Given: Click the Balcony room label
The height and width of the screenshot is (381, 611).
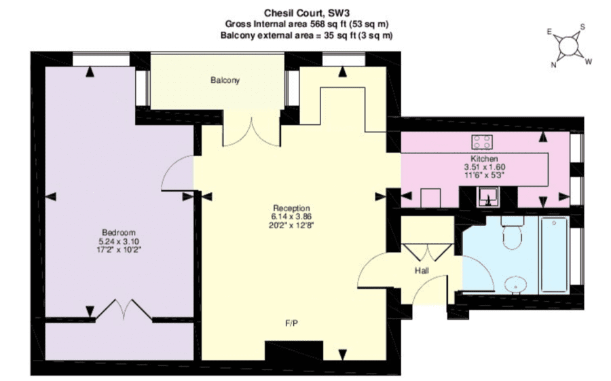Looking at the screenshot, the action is (x=225, y=80).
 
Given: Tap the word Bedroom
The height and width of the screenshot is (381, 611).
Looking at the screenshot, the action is (x=118, y=232).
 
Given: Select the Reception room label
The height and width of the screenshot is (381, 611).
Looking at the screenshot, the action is (x=291, y=208).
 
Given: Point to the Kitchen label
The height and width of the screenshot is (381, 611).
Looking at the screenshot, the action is (x=484, y=159).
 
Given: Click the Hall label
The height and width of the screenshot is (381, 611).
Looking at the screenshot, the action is (x=422, y=270).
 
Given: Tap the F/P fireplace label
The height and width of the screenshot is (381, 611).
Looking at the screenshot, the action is (x=292, y=323).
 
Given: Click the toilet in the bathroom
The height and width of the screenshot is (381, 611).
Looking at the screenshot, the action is (x=512, y=233).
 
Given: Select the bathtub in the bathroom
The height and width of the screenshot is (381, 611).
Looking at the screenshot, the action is (x=554, y=255).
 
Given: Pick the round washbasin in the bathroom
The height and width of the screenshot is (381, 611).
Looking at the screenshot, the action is (x=515, y=285).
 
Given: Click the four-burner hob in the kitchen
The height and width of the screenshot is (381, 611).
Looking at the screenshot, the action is (x=481, y=142).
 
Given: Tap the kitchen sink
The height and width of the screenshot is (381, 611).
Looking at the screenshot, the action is (x=488, y=197).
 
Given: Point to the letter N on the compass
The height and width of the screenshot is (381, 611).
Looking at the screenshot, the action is (x=553, y=65).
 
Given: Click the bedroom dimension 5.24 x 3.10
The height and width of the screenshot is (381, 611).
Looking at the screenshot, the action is (x=119, y=241).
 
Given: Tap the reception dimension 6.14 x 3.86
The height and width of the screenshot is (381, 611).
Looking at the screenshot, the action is (x=291, y=217).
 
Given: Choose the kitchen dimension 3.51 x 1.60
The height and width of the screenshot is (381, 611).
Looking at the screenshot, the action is (x=484, y=167).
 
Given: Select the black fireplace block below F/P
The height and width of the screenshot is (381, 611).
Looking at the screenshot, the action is (x=294, y=350).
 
